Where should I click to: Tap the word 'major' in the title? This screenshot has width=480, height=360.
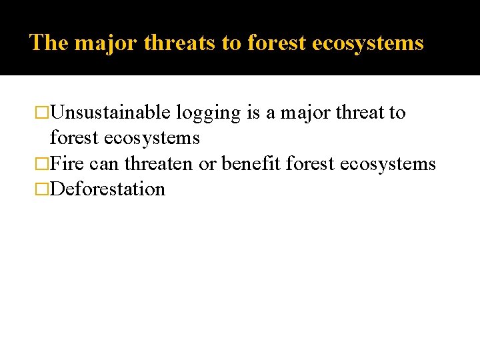click(107, 43)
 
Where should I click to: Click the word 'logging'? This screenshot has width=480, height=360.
click(208, 113)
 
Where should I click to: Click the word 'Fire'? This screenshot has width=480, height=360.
click(67, 163)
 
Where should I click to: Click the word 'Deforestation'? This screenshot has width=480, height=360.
click(107, 189)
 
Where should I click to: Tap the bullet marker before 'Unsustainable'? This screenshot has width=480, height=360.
click(42, 113)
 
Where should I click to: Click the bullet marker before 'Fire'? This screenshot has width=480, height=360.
click(42, 164)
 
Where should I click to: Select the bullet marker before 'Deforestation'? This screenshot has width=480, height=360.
click(42, 189)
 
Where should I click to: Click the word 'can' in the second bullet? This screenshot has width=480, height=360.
click(102, 164)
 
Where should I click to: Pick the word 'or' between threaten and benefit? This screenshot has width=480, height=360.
click(207, 164)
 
